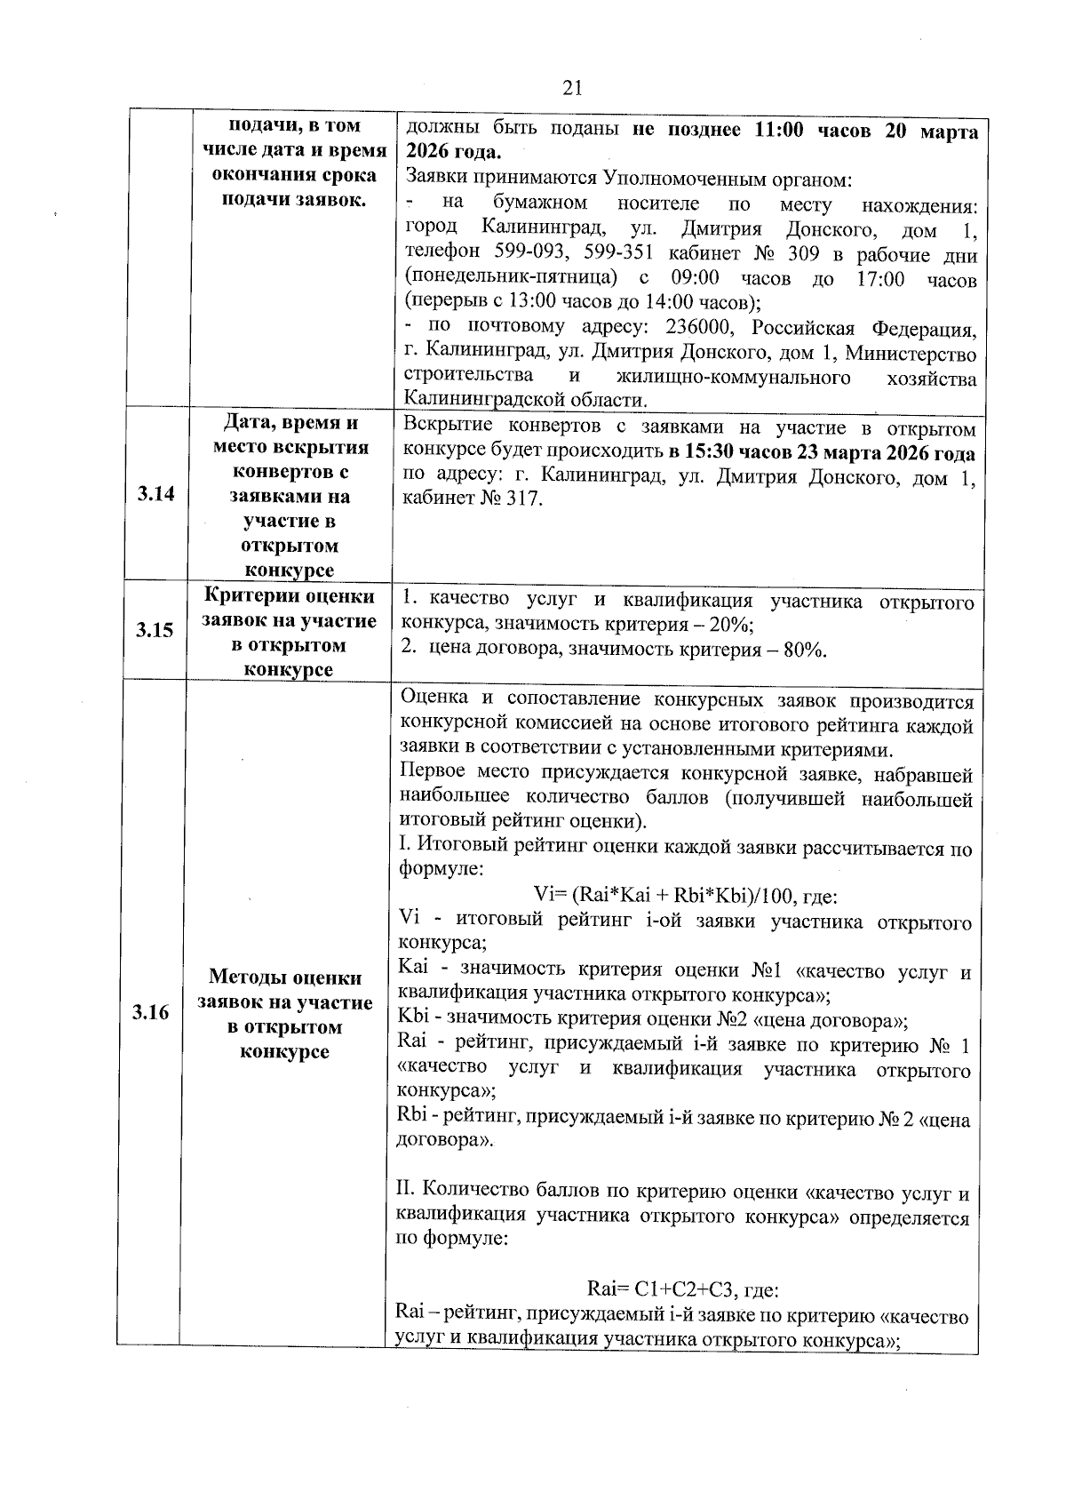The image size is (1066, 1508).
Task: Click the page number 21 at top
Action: [x=572, y=87]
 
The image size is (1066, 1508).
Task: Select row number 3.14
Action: [x=156, y=494]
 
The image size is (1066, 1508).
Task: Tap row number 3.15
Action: [x=155, y=631]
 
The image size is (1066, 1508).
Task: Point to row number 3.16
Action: [x=151, y=1013]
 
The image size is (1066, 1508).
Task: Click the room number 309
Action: [x=807, y=255]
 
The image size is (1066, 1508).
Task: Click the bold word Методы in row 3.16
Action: [x=241, y=977]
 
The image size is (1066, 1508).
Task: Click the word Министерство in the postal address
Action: [x=911, y=355]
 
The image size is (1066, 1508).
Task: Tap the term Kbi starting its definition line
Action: [x=416, y=1020]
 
